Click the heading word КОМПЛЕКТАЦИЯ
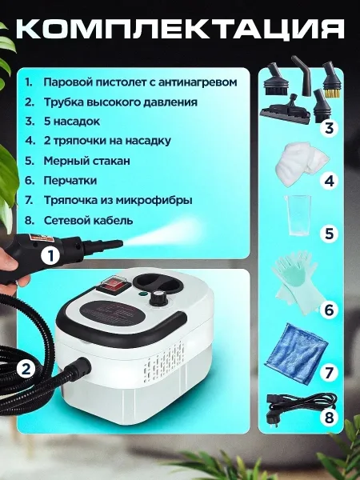pos(180,30)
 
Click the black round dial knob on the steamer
pos(157,298)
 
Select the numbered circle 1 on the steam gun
pos(51,256)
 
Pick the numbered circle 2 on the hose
pos(26,369)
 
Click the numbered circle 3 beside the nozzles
pos(329,127)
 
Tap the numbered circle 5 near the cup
pos(329,234)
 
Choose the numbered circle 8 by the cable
pos(329,417)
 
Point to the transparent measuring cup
pos(298,215)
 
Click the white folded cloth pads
pos(301,165)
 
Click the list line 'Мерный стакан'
pos(86,161)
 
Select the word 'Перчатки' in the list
pos(70,181)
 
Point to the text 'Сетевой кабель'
pos(88,221)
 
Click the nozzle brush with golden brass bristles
pos(332,80)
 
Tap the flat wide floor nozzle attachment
pos(286,110)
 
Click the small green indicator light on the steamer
pos(142,294)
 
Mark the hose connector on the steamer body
pos(80,366)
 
